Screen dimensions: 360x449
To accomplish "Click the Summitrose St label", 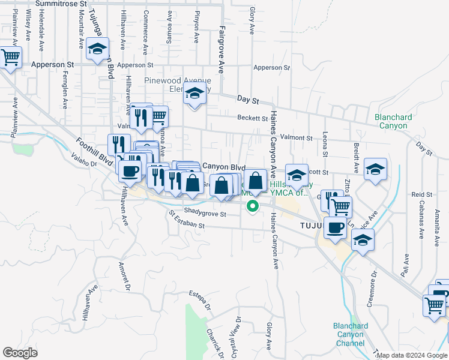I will point(59,4).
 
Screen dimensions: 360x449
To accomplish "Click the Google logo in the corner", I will point(20,353).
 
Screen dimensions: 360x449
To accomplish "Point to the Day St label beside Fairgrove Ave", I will point(247,98).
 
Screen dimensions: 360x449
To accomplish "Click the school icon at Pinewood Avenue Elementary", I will point(194,94).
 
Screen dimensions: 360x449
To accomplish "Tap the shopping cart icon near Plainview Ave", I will point(10,58).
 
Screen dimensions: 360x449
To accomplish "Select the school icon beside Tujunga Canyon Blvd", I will point(97,50).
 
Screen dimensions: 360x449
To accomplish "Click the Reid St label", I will point(422,195).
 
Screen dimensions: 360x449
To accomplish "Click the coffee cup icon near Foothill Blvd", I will point(129,172).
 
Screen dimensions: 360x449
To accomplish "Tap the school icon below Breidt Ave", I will point(375,170).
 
